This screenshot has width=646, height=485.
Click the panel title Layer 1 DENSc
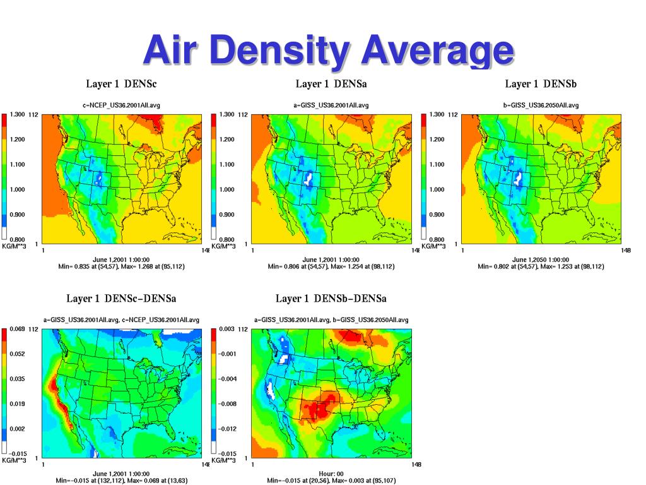tap(121, 84)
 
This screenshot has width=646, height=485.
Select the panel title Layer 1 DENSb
tap(541, 84)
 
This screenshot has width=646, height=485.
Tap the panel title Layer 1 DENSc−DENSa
tap(121, 298)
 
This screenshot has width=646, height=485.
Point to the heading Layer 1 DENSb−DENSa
tap(331, 298)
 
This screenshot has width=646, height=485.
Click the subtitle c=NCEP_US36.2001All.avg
tap(121, 105)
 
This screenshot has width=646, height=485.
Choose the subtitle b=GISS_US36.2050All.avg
tap(541, 105)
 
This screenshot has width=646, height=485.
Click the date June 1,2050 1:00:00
tap(541, 260)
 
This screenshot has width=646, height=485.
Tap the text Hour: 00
tap(331, 474)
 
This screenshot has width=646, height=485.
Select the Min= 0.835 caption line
tap(121, 266)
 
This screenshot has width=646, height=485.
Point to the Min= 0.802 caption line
tap(541, 266)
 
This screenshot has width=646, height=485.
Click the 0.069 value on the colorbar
tap(17, 329)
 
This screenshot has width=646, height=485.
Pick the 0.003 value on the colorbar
tap(227, 329)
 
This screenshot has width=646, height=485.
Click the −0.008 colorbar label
tap(228, 404)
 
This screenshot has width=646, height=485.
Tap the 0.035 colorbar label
tap(17, 379)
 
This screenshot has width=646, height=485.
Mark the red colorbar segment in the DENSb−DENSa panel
tap(214, 335)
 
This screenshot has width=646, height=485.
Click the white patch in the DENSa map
tap(308, 177)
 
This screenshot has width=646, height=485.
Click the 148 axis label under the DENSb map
tap(625, 251)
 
